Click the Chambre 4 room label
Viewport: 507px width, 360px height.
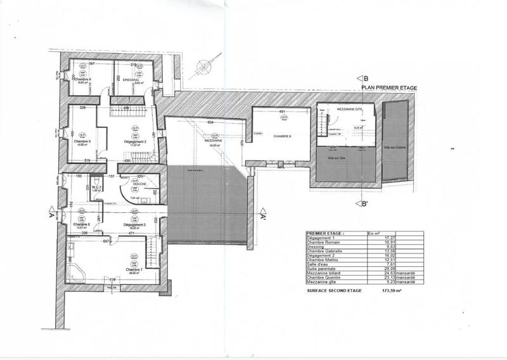point(82,79)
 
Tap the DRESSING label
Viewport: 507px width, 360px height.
point(127,79)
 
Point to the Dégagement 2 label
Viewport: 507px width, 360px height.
point(135,141)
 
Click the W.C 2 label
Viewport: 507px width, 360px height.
point(96,187)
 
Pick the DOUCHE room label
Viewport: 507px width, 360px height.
point(140,184)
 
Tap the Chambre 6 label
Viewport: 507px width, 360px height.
point(82,224)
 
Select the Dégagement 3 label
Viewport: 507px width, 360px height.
point(134,224)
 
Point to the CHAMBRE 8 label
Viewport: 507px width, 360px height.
point(282,136)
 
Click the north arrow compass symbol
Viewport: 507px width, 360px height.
point(205,65)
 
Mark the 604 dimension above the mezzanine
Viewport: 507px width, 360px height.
point(211,122)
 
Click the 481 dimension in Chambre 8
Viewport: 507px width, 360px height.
point(282,113)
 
